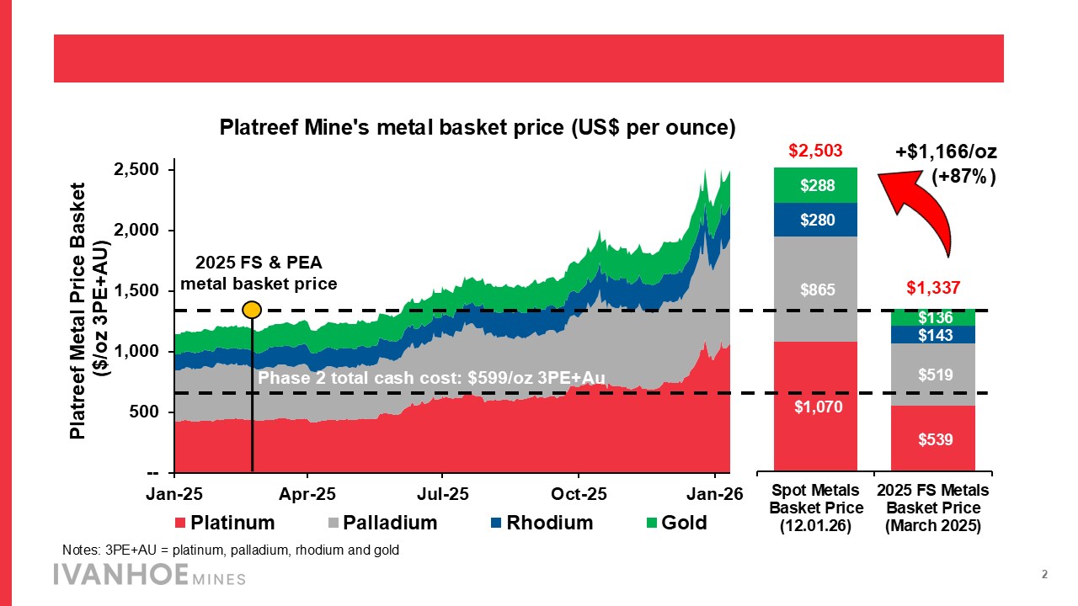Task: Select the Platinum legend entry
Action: [225, 523]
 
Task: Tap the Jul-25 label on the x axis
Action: [443, 494]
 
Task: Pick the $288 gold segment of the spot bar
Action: [814, 185]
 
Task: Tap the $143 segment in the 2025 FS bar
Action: [933, 334]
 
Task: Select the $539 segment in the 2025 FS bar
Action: [933, 439]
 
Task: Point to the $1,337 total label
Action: [933, 289]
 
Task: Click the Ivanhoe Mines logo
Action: [149, 576]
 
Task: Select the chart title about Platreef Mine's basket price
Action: [478, 128]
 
